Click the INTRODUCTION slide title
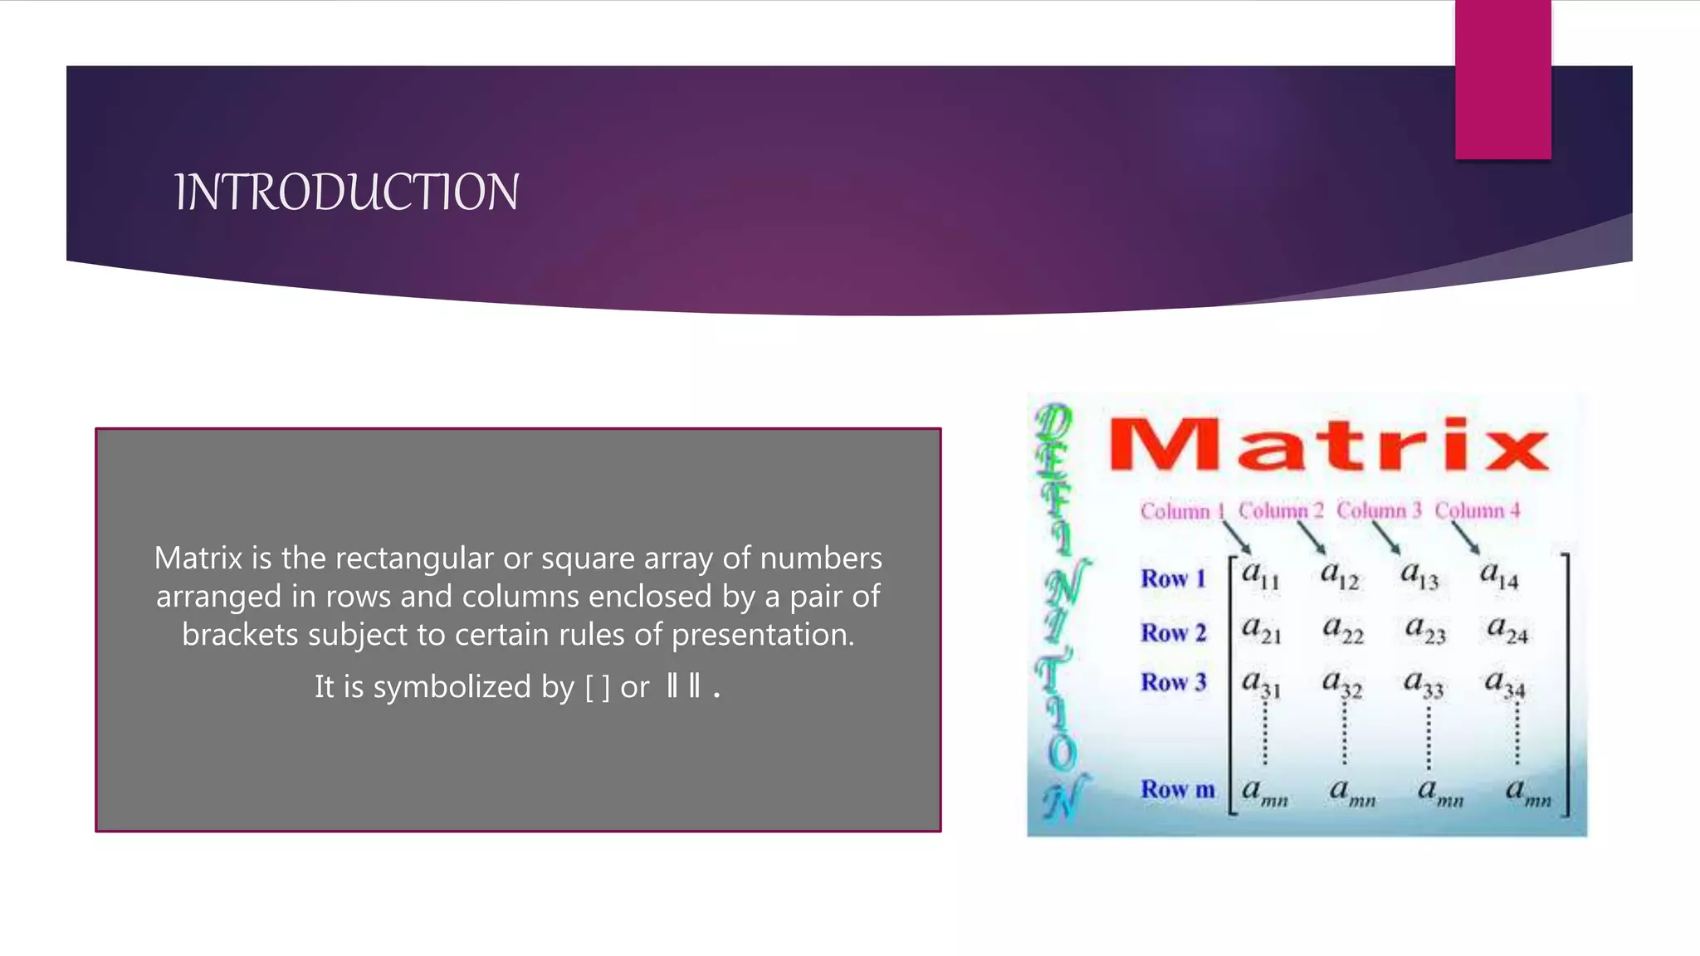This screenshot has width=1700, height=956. coord(347,193)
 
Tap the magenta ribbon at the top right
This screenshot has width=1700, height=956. coord(1502,79)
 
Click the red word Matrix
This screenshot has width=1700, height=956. coord(1328,446)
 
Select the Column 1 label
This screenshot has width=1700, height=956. coord(1182,511)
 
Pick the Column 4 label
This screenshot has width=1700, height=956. coord(1478,510)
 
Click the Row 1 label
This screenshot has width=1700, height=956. coord(1173,578)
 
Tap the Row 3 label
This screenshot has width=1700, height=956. coord(1173,682)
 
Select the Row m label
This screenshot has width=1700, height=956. coord(1177,789)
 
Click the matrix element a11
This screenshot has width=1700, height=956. coord(1260,575)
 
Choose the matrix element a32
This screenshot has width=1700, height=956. coord(1341,684)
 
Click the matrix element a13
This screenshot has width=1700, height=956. coord(1419,575)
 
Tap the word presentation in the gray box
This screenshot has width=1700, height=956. coord(762,635)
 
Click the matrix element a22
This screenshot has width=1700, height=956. coord(1342,630)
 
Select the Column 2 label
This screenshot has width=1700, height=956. coord(1281,510)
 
